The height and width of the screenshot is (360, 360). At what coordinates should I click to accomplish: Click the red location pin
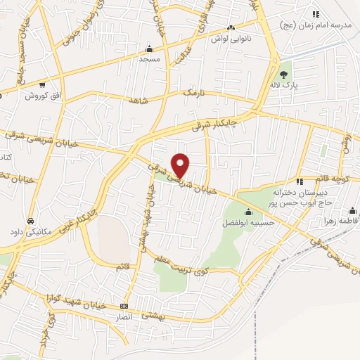tap(181, 165)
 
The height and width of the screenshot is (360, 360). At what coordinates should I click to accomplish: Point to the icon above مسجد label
tap(149, 49)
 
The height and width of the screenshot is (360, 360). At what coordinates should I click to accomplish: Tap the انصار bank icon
tap(124, 306)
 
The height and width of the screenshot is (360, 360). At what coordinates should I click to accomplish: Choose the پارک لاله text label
tap(285, 85)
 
